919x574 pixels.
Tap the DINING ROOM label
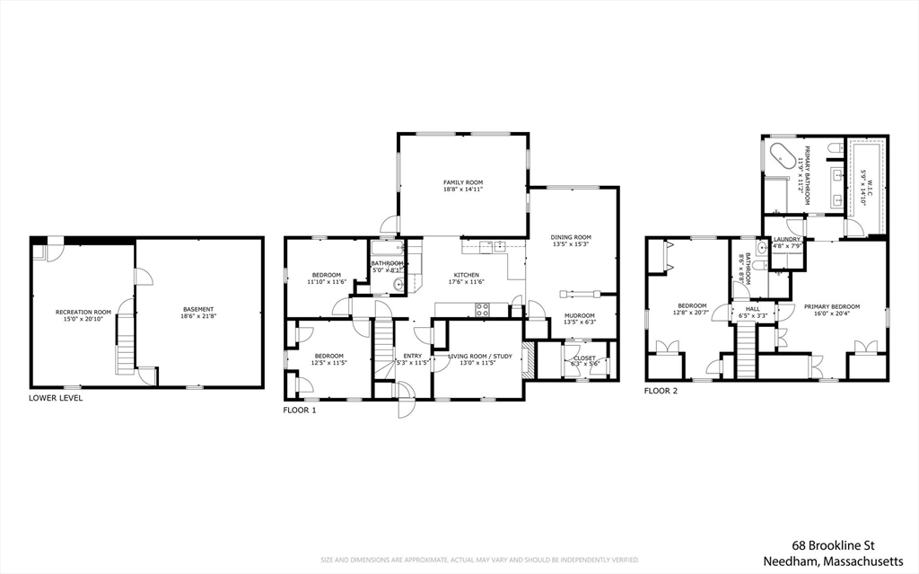[571, 237]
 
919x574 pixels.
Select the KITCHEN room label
[466, 275]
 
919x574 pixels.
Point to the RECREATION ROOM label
[83, 312]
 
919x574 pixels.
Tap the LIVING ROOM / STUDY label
[480, 357]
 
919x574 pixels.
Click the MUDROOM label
[580, 315]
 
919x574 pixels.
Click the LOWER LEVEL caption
[56, 398]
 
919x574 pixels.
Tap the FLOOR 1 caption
[300, 410]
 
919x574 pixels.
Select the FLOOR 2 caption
[661, 392]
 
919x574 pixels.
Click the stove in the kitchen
[482, 309]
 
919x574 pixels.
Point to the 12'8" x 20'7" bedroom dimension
[691, 313]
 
